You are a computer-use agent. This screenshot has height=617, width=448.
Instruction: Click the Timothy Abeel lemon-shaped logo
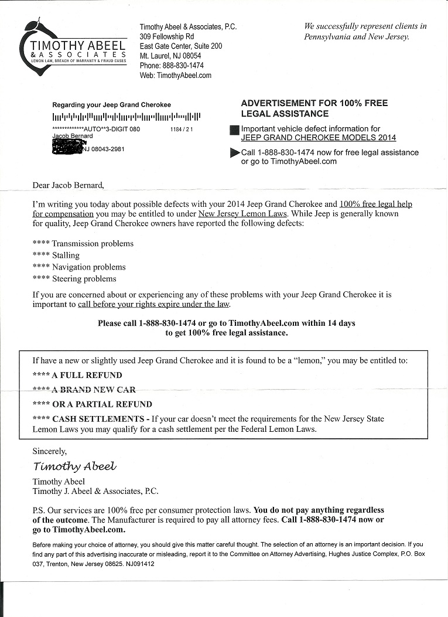point(73,50)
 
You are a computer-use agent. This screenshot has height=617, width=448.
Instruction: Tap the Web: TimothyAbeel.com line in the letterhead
point(175,76)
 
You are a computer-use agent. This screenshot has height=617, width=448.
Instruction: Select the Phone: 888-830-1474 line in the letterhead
point(172,66)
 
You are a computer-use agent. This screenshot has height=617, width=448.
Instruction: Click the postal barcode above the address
point(126,116)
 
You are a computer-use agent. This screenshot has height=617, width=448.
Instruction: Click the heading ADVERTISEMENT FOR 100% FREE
point(314,103)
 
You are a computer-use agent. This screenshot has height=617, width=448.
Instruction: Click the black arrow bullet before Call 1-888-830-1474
point(235,153)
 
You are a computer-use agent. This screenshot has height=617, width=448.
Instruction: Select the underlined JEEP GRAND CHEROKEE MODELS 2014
point(318,138)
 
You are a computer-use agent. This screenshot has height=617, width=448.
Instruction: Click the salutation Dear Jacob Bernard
point(68,186)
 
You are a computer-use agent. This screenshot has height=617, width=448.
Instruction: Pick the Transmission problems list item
point(93,244)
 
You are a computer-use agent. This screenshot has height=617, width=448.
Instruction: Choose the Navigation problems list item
point(88,267)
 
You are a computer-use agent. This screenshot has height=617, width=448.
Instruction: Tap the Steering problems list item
point(84,279)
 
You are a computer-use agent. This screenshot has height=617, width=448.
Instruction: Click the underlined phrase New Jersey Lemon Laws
point(243,214)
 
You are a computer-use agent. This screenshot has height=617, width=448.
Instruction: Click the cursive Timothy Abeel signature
point(74,466)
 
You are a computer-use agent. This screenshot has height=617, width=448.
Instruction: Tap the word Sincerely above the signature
point(50,451)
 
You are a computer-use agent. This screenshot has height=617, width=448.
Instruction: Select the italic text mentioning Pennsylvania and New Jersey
point(365,31)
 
